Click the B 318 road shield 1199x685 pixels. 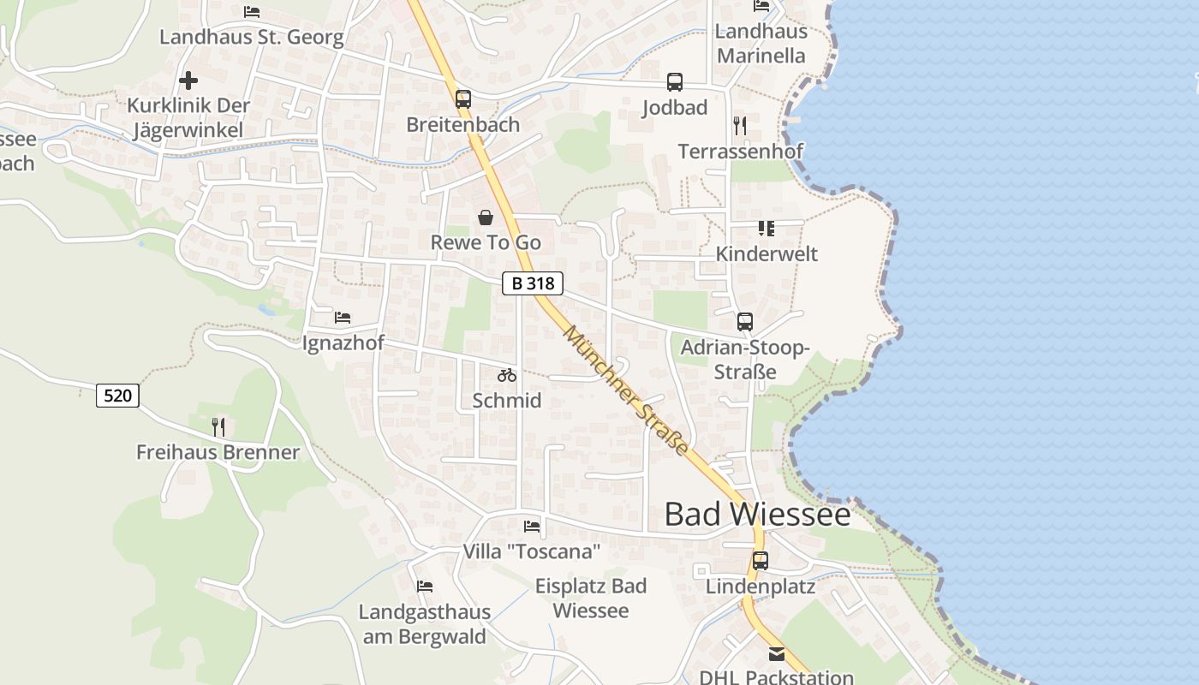(532, 283)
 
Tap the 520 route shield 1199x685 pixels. (117, 395)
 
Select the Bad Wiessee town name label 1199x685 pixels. (757, 515)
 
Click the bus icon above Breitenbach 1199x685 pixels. (463, 98)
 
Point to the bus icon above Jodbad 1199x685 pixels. (675, 82)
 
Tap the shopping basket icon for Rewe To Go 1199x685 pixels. (486, 217)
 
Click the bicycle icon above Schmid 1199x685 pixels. (507, 375)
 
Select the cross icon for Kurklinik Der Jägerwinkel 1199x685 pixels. (188, 80)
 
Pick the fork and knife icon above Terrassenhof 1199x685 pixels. (740, 126)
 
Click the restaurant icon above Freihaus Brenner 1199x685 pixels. (218, 426)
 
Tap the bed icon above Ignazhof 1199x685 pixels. (343, 318)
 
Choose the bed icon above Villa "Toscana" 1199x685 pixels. (532, 526)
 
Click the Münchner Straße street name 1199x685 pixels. (626, 390)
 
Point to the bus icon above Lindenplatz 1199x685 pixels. (760, 561)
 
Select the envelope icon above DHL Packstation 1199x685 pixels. (776, 654)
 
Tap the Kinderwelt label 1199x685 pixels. (767, 254)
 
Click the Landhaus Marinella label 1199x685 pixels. (761, 44)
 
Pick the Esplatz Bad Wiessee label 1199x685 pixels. (591, 599)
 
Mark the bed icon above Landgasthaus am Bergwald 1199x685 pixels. (424, 587)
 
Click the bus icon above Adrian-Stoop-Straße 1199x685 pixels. (745, 322)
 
